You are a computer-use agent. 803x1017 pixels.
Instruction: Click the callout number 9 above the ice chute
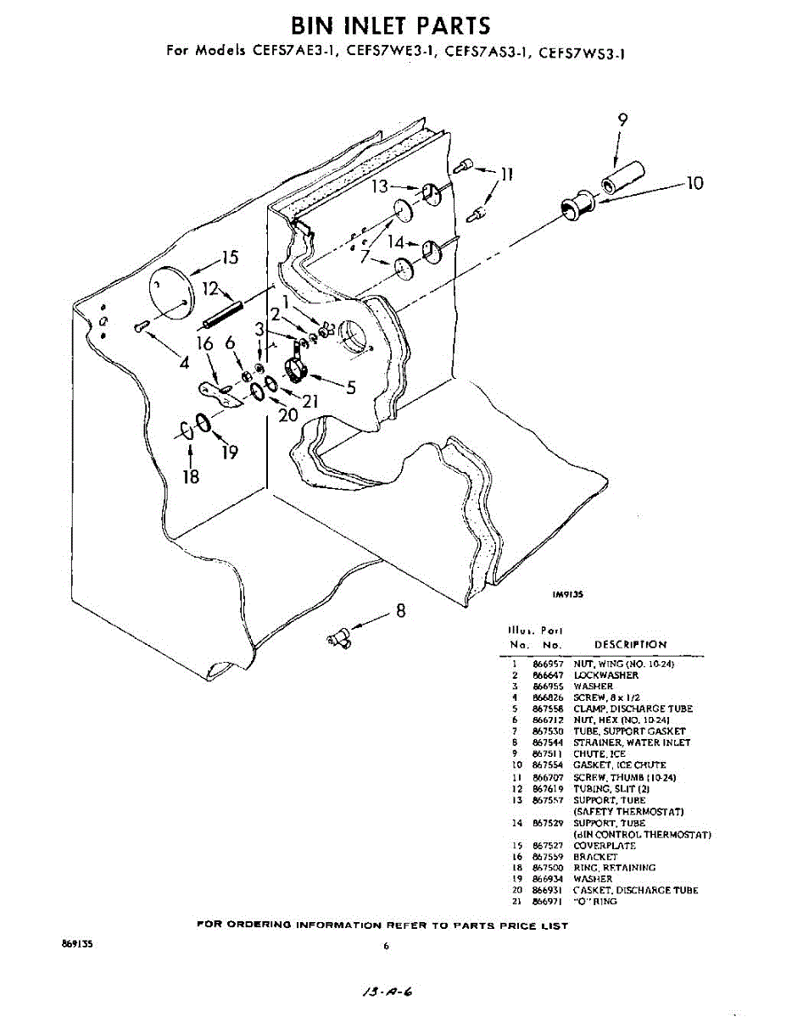point(623,119)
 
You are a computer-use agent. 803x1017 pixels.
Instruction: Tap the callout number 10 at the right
point(695,182)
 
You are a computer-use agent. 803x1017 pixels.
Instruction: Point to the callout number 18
point(191,476)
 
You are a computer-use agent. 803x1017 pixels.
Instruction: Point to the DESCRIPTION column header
point(630,645)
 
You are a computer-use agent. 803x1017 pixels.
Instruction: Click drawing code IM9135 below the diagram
point(567,595)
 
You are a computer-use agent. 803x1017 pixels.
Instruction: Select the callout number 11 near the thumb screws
point(507,175)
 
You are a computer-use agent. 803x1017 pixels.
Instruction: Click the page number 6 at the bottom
point(386,947)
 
